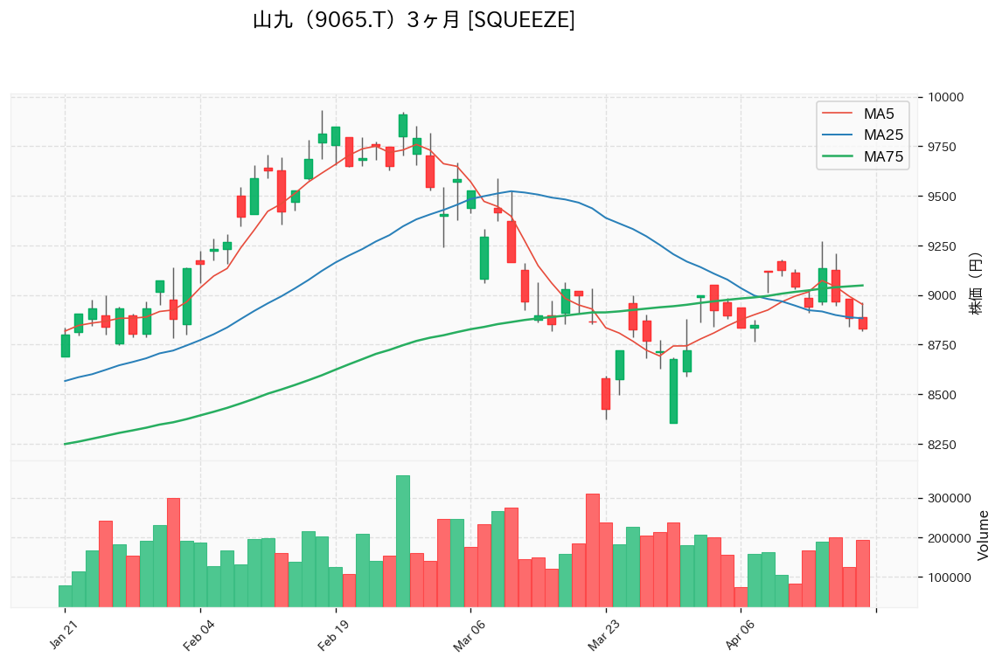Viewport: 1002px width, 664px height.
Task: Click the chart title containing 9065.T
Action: point(413,20)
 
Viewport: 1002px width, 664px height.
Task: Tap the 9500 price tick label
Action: point(943,197)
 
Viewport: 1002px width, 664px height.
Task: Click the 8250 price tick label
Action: point(943,446)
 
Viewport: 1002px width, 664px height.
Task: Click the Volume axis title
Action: point(983,535)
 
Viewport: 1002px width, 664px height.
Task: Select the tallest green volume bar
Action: point(402,541)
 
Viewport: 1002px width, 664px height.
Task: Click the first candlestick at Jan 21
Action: point(65,346)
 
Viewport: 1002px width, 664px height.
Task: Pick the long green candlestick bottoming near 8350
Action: point(673,391)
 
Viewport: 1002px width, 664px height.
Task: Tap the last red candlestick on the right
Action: point(862,323)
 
